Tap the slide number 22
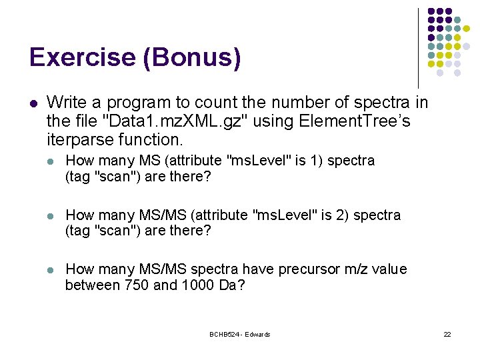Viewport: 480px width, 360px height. tap(447, 334)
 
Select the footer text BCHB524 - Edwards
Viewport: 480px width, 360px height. tap(239, 334)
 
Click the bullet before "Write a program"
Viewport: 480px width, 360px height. tap(33, 103)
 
